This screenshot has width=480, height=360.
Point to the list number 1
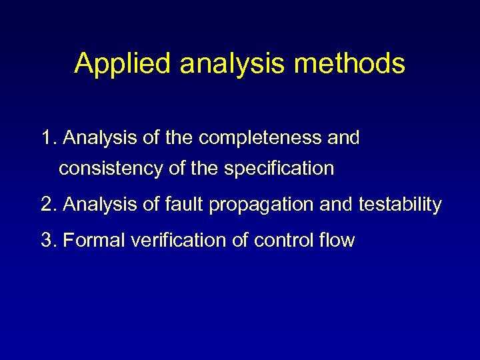coord(47,138)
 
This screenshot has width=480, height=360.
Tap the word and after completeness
coord(342,138)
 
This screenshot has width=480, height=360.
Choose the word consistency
coord(111,169)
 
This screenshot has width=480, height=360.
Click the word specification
coord(279,169)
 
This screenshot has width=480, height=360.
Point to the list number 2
coord(47,205)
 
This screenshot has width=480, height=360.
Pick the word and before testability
coord(337,205)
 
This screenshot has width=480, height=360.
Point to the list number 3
coord(47,240)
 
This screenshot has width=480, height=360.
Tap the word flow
coord(337,240)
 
